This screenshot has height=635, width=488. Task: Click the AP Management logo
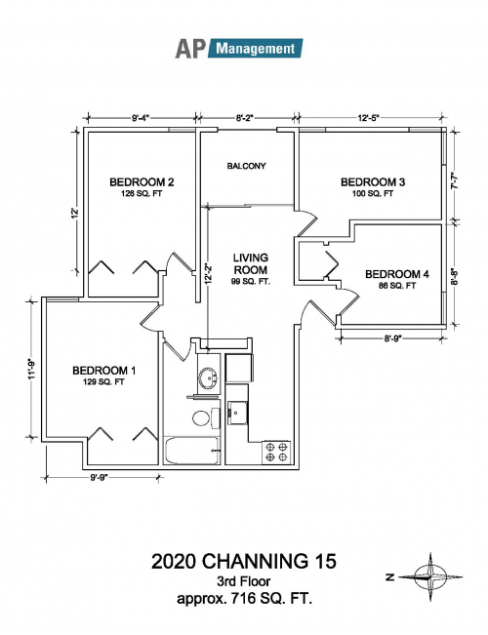point(239,49)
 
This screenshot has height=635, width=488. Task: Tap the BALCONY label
point(246,166)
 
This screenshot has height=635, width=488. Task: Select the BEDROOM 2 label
point(142,182)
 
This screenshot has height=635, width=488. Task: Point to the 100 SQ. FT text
point(373,193)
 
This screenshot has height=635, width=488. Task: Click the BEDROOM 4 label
point(397,274)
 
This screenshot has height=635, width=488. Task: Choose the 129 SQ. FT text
point(104,381)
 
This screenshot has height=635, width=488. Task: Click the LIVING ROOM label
point(251,263)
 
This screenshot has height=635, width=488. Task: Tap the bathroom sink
point(208,378)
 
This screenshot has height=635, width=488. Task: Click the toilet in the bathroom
point(206,417)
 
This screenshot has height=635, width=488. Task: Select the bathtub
point(191,451)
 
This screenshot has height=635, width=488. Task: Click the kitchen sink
point(238,413)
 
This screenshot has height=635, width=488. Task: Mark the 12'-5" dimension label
point(368,118)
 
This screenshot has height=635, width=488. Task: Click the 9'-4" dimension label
point(141,118)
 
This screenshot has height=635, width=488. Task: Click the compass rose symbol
point(429,576)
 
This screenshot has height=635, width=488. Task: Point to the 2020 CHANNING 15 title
point(244,562)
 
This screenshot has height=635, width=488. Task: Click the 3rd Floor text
point(244,581)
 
